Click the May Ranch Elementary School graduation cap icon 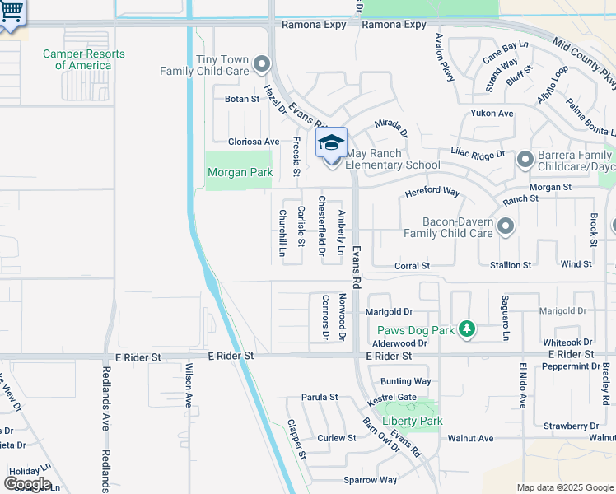pos(331,142)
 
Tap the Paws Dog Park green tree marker pos(467,330)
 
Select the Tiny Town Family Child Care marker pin pos(262,63)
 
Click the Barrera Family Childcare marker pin pos(525,160)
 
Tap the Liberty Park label pos(413,421)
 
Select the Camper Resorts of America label pos(84,59)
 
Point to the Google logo pos(27,483)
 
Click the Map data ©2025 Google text pos(564,487)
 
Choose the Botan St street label pos(242,99)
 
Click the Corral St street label pos(412,266)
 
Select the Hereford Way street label pos(432,192)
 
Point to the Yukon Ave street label pos(492,113)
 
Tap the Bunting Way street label pos(405,381)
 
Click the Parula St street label pos(320,397)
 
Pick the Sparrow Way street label pos(370,480)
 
